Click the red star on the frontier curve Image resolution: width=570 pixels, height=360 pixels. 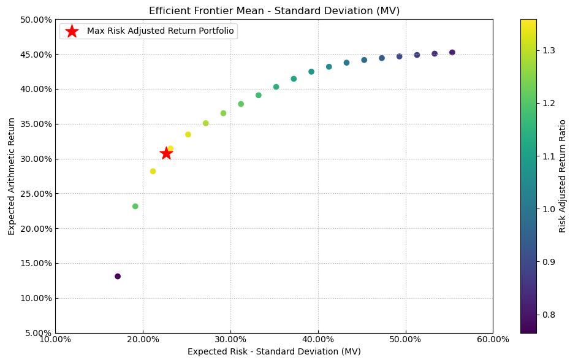(166, 153)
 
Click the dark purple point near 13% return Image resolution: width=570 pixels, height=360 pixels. (118, 277)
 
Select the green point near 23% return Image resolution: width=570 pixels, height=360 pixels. (135, 206)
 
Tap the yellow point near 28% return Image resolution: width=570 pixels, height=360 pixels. (153, 171)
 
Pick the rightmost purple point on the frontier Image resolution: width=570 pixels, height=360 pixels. (452, 53)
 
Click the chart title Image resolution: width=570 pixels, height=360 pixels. (274, 11)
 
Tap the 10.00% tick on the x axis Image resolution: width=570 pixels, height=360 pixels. (55, 339)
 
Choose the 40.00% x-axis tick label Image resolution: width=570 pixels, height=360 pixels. (317, 339)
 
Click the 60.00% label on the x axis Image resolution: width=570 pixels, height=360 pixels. (493, 339)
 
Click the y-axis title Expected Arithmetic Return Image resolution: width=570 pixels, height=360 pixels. (12, 176)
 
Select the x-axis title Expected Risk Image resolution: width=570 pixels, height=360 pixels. (274, 351)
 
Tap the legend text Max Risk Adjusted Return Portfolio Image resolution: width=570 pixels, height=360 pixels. (160, 31)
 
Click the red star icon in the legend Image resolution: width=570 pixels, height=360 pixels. (72, 31)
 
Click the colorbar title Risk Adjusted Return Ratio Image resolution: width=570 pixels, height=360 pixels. (563, 176)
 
